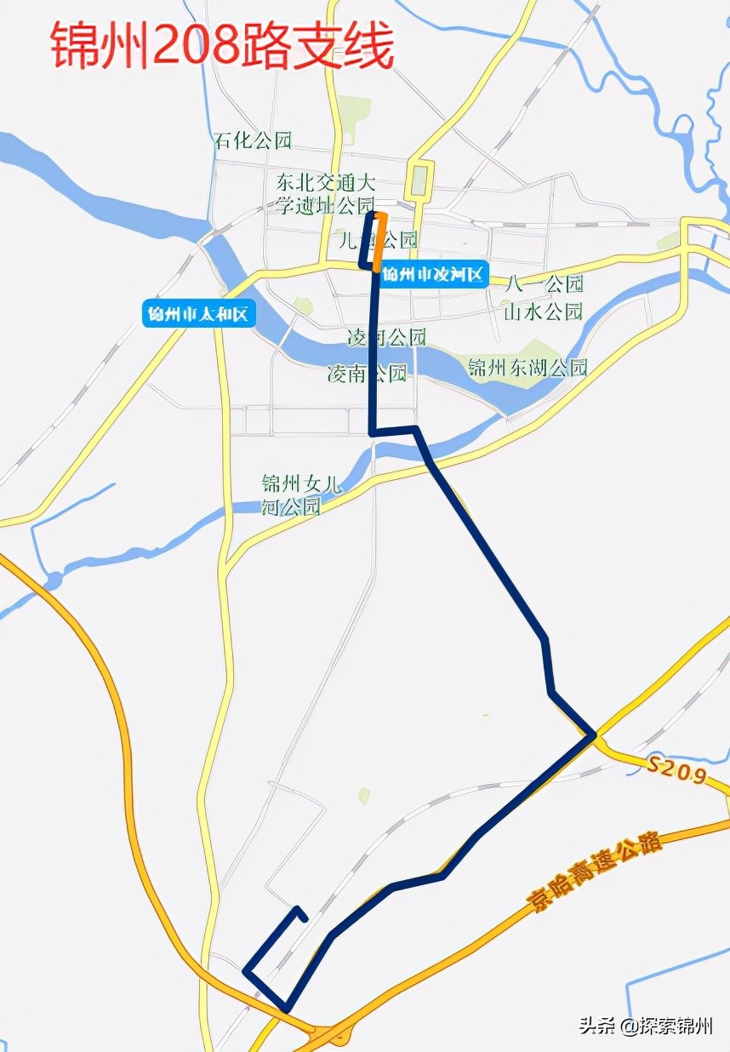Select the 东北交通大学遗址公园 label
click(325, 194)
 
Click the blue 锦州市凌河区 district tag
click(433, 275)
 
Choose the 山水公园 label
click(544, 311)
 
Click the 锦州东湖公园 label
click(528, 368)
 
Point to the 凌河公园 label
click(386, 337)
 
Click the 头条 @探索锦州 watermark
click(646, 1026)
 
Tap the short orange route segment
click(380, 243)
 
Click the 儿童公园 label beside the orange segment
click(378, 240)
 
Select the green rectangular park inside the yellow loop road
click(419, 181)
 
